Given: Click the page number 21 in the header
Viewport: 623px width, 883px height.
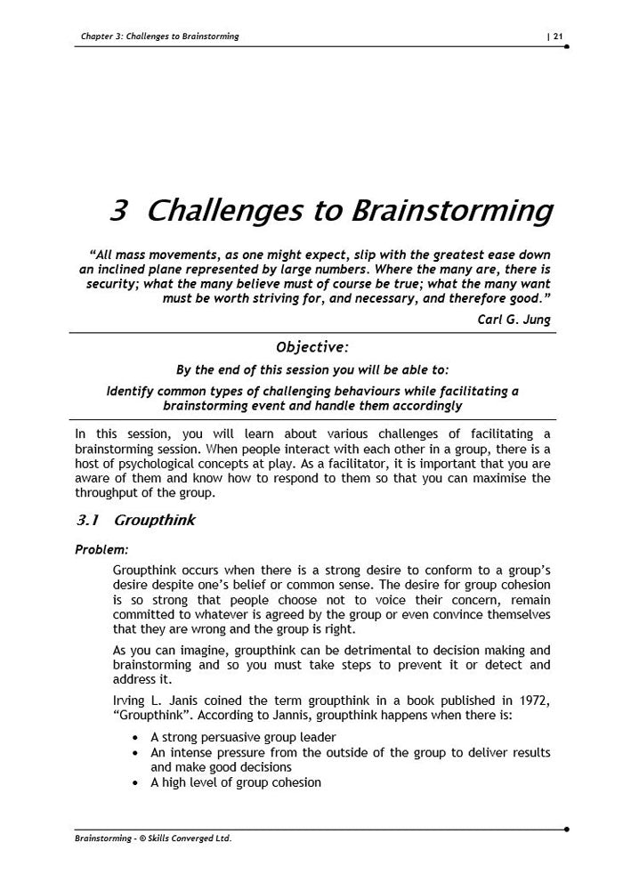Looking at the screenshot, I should tap(558, 36).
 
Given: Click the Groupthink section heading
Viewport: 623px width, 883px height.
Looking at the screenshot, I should tap(155, 520).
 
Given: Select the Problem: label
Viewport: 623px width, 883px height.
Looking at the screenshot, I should tap(101, 548).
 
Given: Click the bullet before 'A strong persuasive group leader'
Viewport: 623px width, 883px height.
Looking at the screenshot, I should tap(134, 738).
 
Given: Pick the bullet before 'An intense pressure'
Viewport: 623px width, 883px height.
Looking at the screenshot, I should tap(134, 753).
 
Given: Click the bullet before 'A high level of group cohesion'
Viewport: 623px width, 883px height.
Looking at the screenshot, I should tap(134, 783).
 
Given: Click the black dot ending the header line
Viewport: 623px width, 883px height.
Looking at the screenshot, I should tap(567, 45).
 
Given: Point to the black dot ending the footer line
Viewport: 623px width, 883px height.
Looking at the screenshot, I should tap(567, 829).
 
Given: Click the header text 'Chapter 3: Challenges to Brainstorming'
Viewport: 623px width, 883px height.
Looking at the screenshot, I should tap(159, 36).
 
